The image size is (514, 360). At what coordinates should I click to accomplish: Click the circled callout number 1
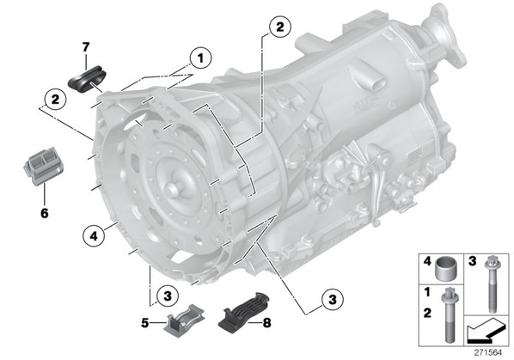(200, 58)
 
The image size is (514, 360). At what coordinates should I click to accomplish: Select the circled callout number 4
(94, 235)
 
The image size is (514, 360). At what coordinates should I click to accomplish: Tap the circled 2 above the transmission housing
(279, 27)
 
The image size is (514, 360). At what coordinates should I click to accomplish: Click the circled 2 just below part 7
(55, 99)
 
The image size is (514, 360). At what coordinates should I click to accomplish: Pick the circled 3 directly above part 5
(168, 296)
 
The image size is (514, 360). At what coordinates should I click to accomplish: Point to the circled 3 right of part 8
(333, 299)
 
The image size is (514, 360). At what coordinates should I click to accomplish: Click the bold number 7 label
(86, 47)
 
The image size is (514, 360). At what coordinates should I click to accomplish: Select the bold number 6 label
(44, 213)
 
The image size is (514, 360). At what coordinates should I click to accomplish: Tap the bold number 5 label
(145, 323)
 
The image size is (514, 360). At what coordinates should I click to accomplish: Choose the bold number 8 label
(266, 323)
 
